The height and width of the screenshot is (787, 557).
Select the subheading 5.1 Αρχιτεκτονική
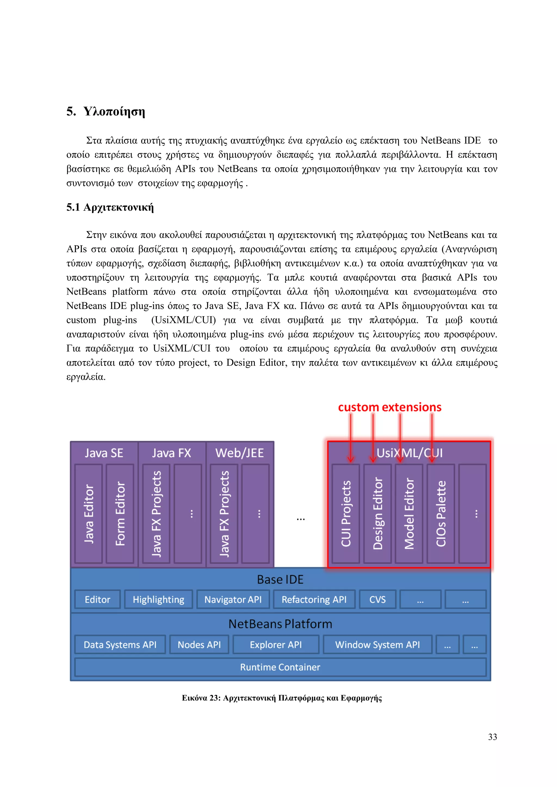[x=110, y=207]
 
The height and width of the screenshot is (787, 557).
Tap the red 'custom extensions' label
[x=390, y=407]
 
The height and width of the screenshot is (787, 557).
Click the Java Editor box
[x=88, y=513]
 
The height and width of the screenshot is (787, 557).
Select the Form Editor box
[x=120, y=513]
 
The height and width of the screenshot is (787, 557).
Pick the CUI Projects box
[x=346, y=513]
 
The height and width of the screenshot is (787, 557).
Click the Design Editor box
[x=377, y=513]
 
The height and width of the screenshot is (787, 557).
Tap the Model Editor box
[x=409, y=513]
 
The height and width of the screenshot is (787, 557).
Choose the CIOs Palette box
[x=441, y=513]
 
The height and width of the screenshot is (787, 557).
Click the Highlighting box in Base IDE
[x=159, y=599]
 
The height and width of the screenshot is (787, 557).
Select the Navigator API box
[x=233, y=599]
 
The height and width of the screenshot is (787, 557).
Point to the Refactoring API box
[x=314, y=599]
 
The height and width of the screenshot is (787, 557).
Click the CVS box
[x=377, y=599]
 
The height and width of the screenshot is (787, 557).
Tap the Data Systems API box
[x=120, y=645]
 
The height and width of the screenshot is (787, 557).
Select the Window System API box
[x=377, y=645]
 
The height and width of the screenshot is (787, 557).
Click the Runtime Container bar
[x=280, y=667]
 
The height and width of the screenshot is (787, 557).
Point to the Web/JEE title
[x=239, y=453]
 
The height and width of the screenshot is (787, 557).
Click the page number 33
[x=492, y=737]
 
